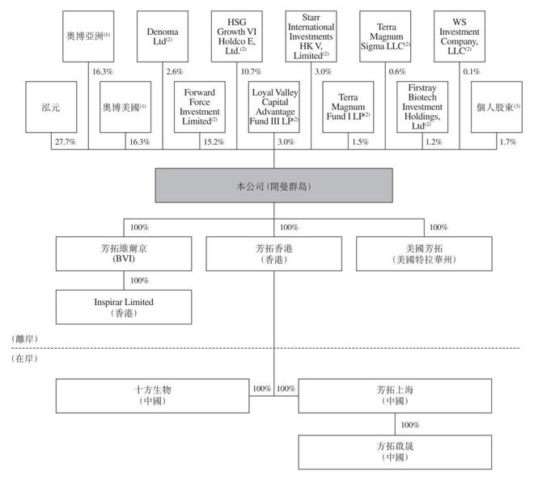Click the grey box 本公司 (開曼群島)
tap(274, 188)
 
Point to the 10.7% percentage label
tap(248, 71)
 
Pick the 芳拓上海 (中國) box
tap(396, 394)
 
